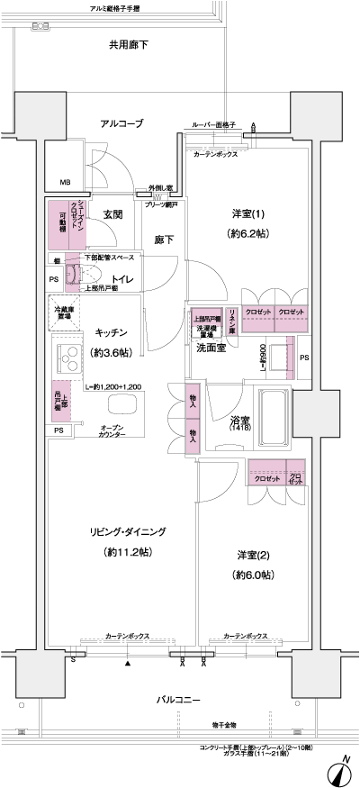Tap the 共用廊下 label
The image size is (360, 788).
pyautogui.click(x=129, y=42)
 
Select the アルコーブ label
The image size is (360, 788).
pyautogui.click(x=121, y=122)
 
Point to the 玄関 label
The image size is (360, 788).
pyautogui.click(x=112, y=214)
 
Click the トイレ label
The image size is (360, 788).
pyautogui.click(x=122, y=280)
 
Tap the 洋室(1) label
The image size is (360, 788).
pyautogui.click(x=246, y=213)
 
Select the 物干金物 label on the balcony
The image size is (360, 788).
pyautogui.click(x=225, y=723)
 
